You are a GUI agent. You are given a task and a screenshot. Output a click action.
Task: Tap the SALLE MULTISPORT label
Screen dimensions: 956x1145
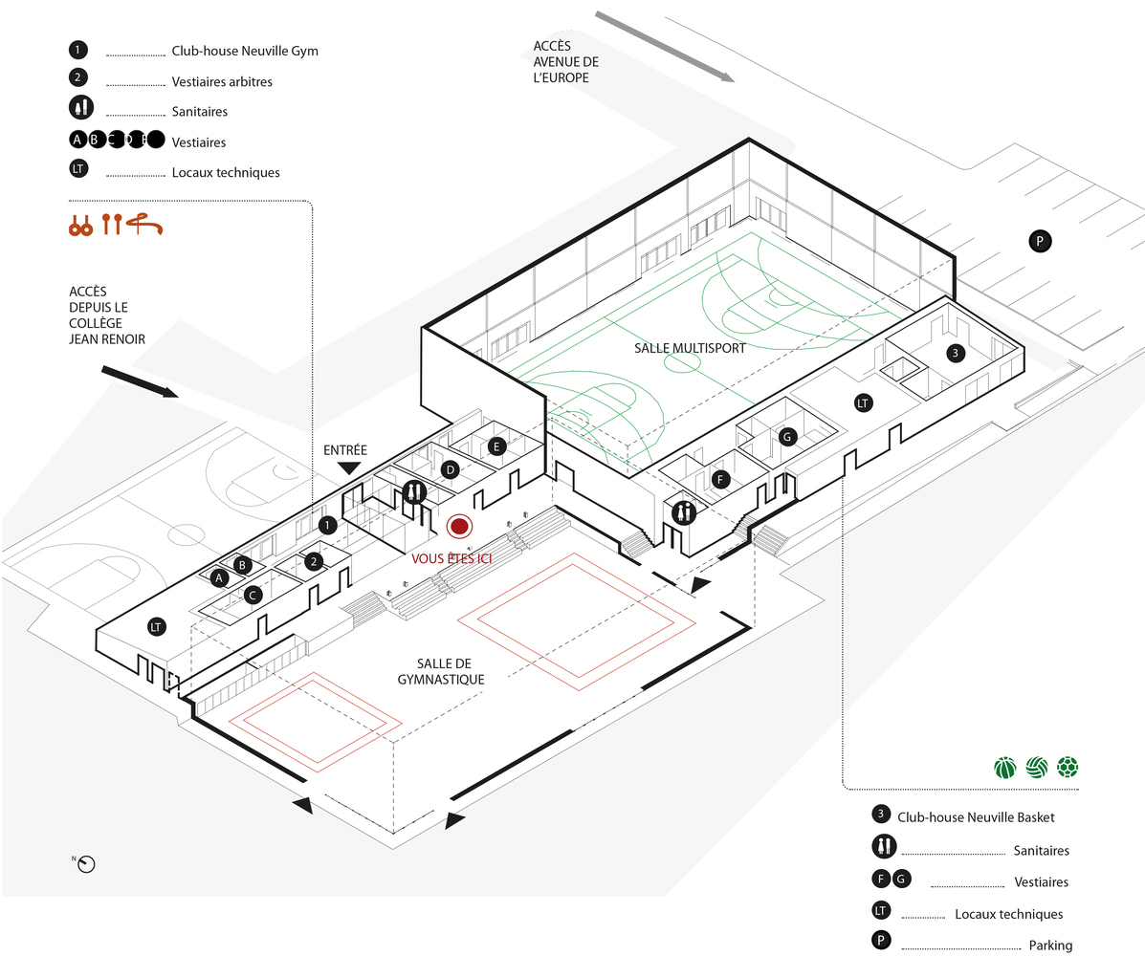pos(690,349)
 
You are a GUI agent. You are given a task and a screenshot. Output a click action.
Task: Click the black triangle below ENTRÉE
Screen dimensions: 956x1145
pos(349,467)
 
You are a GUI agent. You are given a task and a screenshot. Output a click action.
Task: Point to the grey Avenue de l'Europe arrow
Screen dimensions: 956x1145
pos(664,47)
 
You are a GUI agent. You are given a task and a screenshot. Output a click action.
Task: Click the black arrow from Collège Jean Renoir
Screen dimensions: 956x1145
pos(139,380)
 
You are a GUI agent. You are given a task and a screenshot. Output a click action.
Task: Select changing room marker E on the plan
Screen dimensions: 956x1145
pos(495,445)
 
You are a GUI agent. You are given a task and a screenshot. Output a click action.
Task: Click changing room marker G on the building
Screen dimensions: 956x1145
pos(787,437)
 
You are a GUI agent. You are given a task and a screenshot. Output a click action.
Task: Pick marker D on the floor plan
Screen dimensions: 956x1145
pos(449,469)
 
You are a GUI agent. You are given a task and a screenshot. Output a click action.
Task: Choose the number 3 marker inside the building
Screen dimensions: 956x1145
pos(955,354)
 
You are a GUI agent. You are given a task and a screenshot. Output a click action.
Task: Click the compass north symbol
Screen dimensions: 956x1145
pos(87,863)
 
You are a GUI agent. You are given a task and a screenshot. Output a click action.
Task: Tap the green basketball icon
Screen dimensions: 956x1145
pos(1004,768)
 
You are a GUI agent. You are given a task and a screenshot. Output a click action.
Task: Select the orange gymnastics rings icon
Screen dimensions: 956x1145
pos(79,225)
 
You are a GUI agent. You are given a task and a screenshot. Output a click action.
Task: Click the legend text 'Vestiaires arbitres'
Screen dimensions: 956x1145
pos(222,82)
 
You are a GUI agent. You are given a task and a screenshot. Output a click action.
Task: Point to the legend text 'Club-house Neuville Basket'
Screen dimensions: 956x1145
pos(976,817)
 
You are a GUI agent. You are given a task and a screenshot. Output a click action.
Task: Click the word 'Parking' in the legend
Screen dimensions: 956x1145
pos(1050,945)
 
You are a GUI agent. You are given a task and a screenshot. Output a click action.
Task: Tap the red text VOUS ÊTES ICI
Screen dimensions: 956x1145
pos(451,558)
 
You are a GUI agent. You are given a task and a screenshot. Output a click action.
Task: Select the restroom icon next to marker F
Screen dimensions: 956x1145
pos(683,512)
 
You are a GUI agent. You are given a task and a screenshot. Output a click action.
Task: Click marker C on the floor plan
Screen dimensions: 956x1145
pos(253,595)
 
